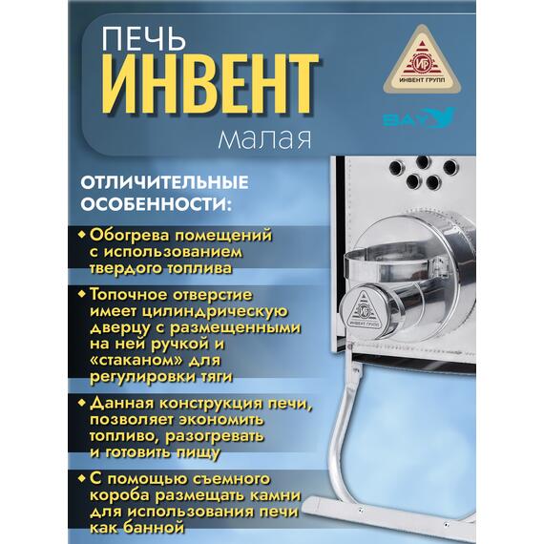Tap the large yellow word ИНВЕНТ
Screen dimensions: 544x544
[210, 87]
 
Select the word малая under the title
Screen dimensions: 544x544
[264, 140]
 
